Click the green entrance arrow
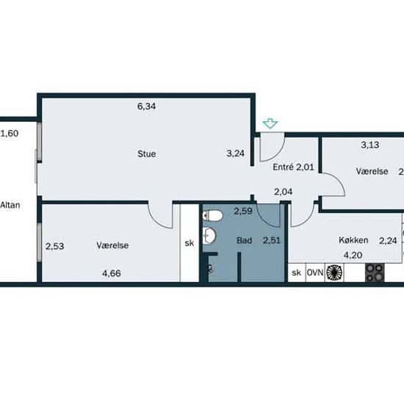[270, 123]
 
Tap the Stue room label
[147, 154]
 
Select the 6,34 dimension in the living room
[146, 107]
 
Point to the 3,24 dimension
[235, 154]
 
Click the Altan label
[10, 205]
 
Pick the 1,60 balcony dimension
[10, 134]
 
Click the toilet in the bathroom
[212, 216]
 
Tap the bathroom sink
[209, 236]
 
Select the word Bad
[245, 240]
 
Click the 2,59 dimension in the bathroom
[242, 212]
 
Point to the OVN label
[315, 273]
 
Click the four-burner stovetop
[375, 273]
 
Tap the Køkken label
[353, 240]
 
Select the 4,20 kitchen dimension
[353, 255]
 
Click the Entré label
[283, 167]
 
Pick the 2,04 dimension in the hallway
[283, 192]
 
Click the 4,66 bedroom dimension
[112, 273]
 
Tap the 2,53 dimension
[54, 246]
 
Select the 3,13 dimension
[369, 145]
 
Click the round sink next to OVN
[334, 273]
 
